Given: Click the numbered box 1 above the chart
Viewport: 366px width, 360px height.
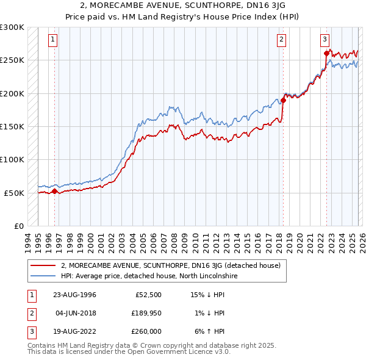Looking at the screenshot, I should pyautogui.click(x=53, y=40).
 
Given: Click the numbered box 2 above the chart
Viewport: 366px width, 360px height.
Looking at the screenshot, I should pyautogui.click(x=281, y=40).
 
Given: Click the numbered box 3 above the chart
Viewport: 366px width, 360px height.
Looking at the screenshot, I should pyautogui.click(x=325, y=40).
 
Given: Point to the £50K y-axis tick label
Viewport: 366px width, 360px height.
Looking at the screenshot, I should pyautogui.click(x=14, y=193).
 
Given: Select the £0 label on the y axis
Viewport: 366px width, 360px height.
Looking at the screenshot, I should pyautogui.click(x=18, y=226).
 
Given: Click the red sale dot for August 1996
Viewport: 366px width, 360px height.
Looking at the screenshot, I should pyautogui.click(x=54, y=191).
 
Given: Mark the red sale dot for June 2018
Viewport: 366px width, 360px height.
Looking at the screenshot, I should pyautogui.click(x=283, y=101).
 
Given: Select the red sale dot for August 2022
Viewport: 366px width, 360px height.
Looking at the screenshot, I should pyautogui.click(x=326, y=54).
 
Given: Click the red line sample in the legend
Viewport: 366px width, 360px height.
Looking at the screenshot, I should pyautogui.click(x=43, y=265).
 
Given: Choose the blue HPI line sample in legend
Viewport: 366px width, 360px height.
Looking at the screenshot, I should pyautogui.click(x=43, y=276).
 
